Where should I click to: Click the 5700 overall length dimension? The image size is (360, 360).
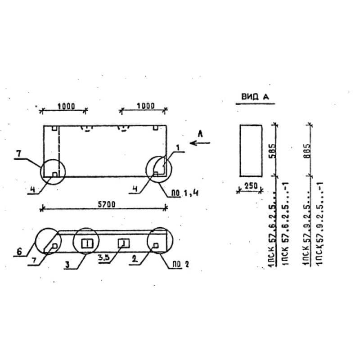coord(106,203)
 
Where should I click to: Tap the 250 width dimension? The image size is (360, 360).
coord(250,185)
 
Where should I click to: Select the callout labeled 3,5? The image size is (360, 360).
coord(104,258)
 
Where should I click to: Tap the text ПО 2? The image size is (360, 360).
coord(180,265)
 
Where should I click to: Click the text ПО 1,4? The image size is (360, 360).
coord(182,194)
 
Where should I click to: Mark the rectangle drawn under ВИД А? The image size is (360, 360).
coord(250,151)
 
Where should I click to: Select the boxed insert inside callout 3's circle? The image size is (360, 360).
coord(87,243)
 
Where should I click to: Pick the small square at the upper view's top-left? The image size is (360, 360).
coord(54,128)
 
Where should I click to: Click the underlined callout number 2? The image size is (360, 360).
coord(134,259)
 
